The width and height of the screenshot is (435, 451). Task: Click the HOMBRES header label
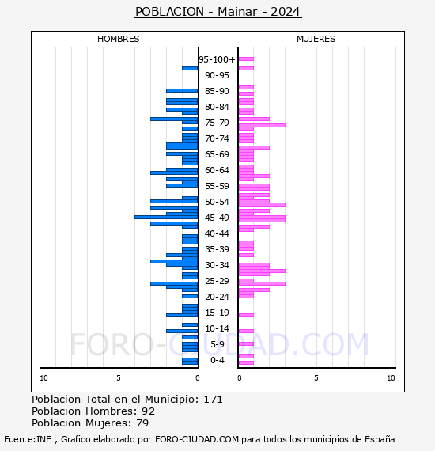[x=118, y=39]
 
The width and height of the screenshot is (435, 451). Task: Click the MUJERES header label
[x=316, y=39]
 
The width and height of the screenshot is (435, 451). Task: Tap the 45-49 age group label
[x=217, y=218]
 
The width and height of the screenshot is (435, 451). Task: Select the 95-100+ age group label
[x=217, y=59]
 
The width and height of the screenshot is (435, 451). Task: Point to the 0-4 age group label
[x=217, y=360]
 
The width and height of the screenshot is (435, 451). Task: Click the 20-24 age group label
[x=217, y=297]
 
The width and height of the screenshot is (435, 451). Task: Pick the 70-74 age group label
[x=217, y=138]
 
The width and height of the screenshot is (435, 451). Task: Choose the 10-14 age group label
[x=217, y=328]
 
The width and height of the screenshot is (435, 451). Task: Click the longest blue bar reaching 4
[x=166, y=217]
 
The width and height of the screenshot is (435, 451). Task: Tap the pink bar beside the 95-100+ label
[x=246, y=59]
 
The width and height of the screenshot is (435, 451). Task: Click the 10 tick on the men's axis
[x=43, y=378]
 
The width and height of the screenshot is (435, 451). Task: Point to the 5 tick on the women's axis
[x=316, y=378]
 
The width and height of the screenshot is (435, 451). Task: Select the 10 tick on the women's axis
[x=391, y=378]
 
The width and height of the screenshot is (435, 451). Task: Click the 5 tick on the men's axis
[x=119, y=378]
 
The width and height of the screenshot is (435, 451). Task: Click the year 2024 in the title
[x=286, y=12]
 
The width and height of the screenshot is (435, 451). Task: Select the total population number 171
[x=213, y=400]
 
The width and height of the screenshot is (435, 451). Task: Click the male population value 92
[x=149, y=411]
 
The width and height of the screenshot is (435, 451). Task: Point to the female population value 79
[x=142, y=423]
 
